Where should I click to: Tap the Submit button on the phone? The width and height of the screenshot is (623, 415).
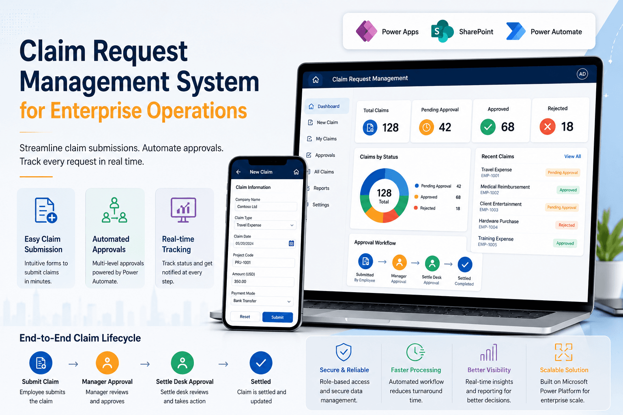click(x=277, y=317)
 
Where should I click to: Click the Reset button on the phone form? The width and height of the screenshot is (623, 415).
click(x=245, y=317)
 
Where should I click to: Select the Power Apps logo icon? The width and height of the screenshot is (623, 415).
click(x=367, y=32)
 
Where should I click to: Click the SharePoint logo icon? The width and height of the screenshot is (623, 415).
click(x=442, y=31)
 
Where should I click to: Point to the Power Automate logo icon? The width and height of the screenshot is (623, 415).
click(x=516, y=32)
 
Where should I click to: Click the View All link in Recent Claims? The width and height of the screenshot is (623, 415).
click(x=572, y=156)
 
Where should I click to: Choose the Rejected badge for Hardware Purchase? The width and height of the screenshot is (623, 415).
click(x=566, y=225)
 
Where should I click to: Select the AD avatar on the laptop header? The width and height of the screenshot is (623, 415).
click(x=582, y=74)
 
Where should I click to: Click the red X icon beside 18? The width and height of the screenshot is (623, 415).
click(x=547, y=127)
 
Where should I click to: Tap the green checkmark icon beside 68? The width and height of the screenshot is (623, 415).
click(x=488, y=127)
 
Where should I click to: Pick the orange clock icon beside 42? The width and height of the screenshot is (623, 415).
click(x=426, y=127)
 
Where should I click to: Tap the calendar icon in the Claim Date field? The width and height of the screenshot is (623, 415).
click(x=291, y=244)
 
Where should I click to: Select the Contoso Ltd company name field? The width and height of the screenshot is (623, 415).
click(x=266, y=207)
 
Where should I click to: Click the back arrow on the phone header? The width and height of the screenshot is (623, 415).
click(x=238, y=172)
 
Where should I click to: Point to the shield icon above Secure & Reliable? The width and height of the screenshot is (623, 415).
click(x=344, y=352)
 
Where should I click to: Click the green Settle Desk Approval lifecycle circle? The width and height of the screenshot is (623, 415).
click(x=183, y=363)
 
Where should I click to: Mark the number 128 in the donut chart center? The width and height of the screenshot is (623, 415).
click(x=384, y=193)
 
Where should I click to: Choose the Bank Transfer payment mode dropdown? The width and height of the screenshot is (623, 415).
click(x=262, y=301)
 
